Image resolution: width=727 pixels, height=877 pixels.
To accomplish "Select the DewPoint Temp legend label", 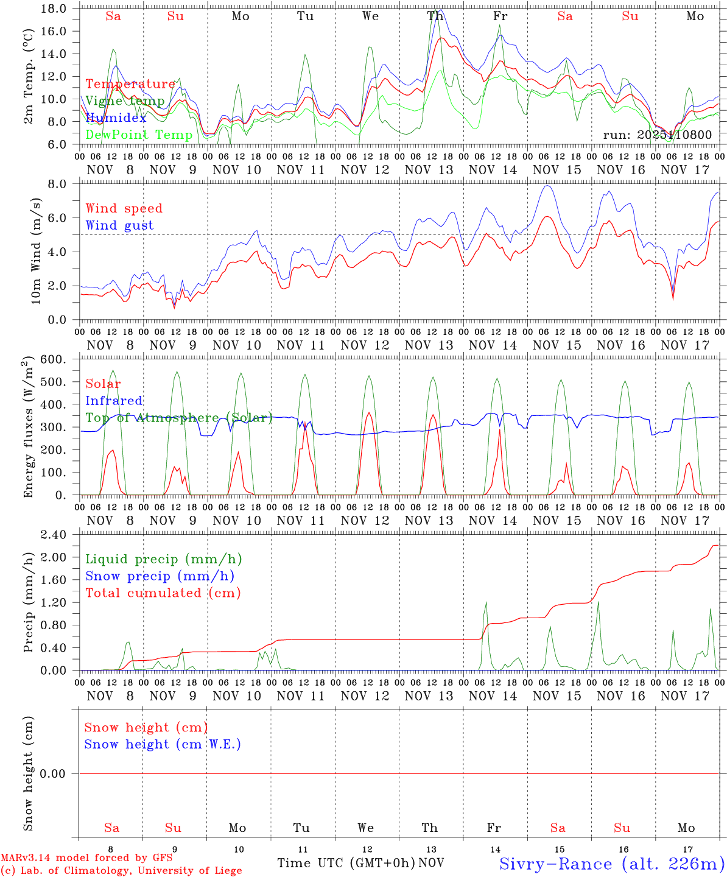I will tap(139, 135).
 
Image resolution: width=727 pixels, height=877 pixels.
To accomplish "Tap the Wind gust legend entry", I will tap(119, 225).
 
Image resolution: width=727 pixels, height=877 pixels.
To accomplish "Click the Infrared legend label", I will tap(114, 401).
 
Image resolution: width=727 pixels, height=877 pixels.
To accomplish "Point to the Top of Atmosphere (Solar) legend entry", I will tap(179, 418).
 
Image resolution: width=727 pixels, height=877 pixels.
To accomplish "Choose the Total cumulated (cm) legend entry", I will tap(163, 593).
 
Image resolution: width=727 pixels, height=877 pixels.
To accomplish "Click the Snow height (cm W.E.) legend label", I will tap(163, 744).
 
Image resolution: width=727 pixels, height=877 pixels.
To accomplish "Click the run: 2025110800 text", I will tap(657, 135).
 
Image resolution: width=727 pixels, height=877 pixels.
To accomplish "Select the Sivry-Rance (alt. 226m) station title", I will tap(612, 864).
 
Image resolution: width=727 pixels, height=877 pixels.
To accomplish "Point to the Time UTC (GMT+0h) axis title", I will tap(346, 863).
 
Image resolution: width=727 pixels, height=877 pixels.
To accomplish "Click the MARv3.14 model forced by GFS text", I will tap(86, 858).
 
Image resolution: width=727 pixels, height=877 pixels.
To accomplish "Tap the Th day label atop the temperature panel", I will tap(435, 16).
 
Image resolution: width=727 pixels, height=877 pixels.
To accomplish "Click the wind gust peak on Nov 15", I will tap(547, 185).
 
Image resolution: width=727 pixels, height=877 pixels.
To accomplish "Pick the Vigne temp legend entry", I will tap(125, 101).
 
